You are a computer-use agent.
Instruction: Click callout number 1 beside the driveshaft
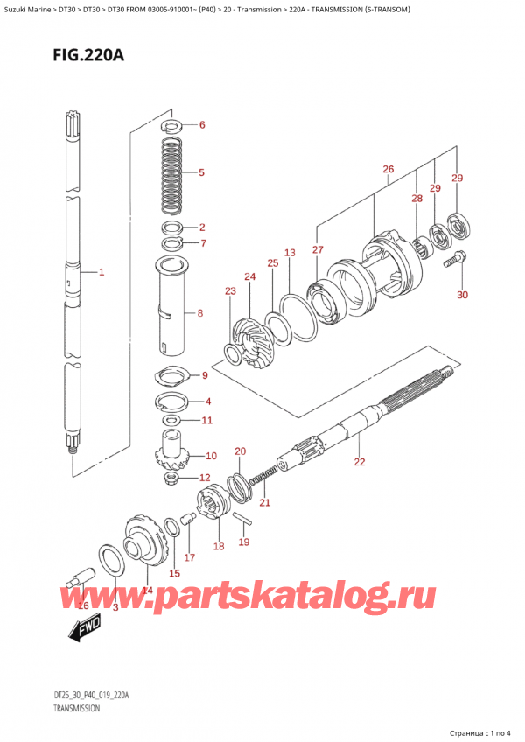(101, 273)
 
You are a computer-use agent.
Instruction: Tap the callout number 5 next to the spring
(201, 173)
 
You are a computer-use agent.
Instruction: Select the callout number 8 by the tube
(201, 312)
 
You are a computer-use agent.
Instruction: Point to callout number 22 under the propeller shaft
(359, 462)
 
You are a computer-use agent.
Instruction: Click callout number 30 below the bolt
(462, 295)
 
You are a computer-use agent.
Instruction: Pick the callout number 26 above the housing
(388, 169)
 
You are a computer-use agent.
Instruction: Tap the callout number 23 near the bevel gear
(230, 291)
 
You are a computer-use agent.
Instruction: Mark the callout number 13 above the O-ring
(290, 253)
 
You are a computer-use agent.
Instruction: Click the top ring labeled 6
(173, 124)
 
